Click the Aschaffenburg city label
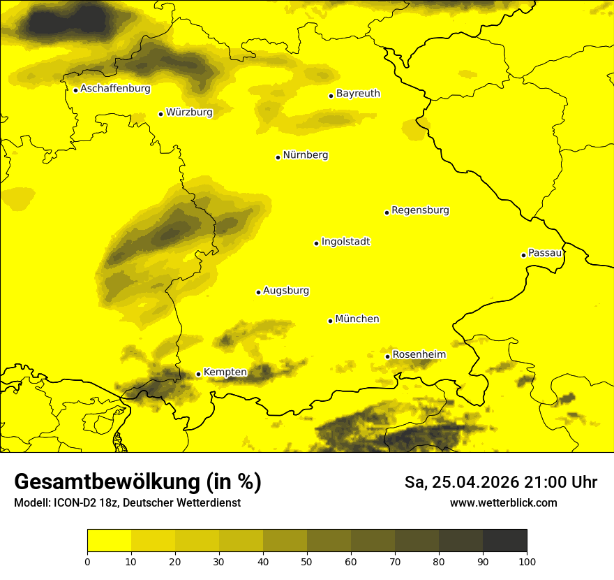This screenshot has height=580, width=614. pyautogui.click(x=115, y=89)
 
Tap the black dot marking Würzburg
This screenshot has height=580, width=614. pyautogui.click(x=160, y=114)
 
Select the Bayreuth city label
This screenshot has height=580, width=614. pyautogui.click(x=358, y=94)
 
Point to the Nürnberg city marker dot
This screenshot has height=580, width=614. pyautogui.click(x=278, y=157)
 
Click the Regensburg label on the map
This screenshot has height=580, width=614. pyautogui.click(x=420, y=210)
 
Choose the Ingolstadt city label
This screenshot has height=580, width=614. pyautogui.click(x=345, y=242)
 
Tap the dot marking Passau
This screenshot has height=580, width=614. pyautogui.click(x=523, y=255)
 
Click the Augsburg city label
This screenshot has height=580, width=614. pyautogui.click(x=286, y=291)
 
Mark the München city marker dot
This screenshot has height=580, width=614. pyautogui.click(x=330, y=321)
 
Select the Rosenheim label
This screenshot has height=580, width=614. pyautogui.click(x=419, y=355)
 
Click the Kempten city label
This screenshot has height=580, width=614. pyautogui.click(x=225, y=372)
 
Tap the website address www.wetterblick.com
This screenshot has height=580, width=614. pyautogui.click(x=503, y=503)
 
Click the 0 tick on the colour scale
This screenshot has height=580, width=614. pyautogui.click(x=87, y=561)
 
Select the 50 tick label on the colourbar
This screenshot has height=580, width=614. pyautogui.click(x=307, y=561)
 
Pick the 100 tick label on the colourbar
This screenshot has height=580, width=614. pyautogui.click(x=527, y=561)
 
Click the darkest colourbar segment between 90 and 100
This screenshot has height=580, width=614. pyautogui.click(x=504, y=541)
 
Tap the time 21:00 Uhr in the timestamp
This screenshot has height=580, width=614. pyautogui.click(x=567, y=482)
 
